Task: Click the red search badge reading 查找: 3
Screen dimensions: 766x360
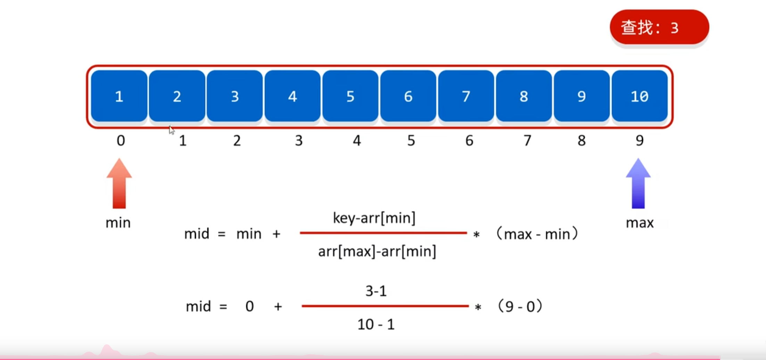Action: [x=659, y=27]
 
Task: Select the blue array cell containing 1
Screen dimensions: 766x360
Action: [x=119, y=96]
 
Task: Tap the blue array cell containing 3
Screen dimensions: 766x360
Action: [x=235, y=96]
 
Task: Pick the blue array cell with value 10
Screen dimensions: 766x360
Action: [x=640, y=96]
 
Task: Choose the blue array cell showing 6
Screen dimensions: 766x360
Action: [x=408, y=96]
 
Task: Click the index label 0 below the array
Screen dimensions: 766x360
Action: [x=121, y=141]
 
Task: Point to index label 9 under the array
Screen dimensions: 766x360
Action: [x=640, y=141]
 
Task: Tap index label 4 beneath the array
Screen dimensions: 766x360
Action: [x=357, y=141]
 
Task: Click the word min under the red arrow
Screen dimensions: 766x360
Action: [x=118, y=223]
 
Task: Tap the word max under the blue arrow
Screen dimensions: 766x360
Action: [x=640, y=223]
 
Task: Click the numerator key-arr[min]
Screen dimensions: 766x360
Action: [x=374, y=218]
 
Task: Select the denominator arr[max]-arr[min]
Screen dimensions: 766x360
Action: [x=377, y=251]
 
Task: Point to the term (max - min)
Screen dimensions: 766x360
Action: [x=537, y=234]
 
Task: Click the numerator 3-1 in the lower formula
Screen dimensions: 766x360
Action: [x=376, y=291]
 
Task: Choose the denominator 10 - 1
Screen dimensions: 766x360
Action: [x=376, y=325]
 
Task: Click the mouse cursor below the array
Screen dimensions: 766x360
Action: [x=172, y=130]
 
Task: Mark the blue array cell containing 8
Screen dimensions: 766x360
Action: [x=524, y=96]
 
